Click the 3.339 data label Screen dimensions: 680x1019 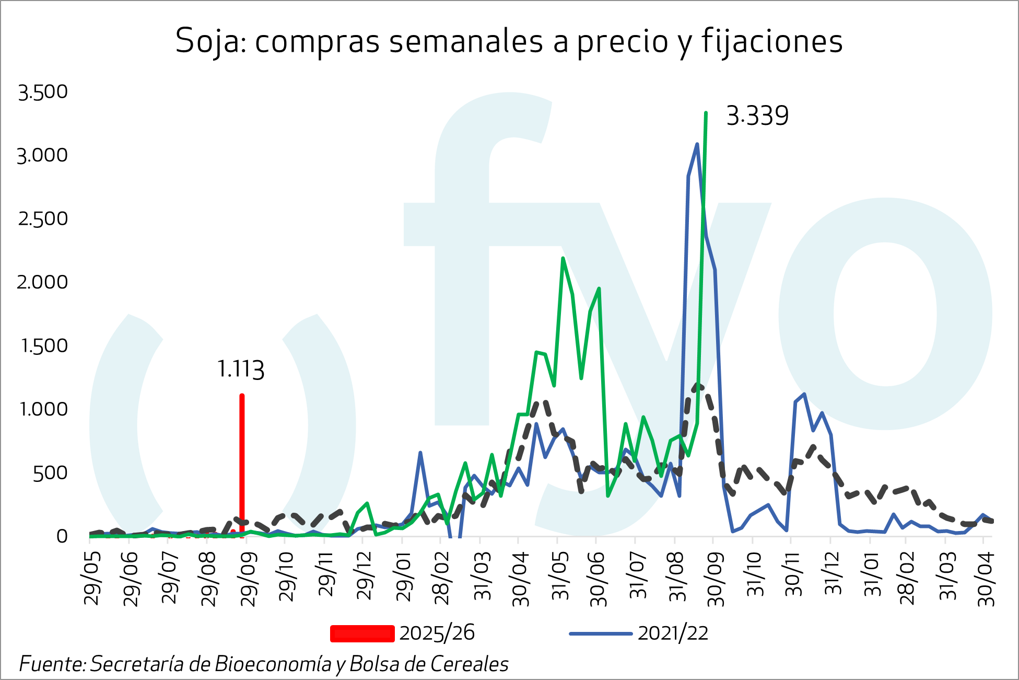pyautogui.click(x=757, y=116)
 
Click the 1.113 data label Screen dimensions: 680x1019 pyautogui.click(x=240, y=369)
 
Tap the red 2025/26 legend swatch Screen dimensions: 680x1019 pyautogui.click(x=362, y=633)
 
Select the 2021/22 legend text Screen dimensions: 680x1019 pyautogui.click(x=673, y=633)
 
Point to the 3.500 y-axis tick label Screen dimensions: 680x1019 pyautogui.click(x=43, y=92)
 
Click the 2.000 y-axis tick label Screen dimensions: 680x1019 pyautogui.click(x=43, y=282)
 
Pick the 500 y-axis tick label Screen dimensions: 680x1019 pyautogui.click(x=50, y=473)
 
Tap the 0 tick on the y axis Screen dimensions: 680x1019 pyautogui.click(x=62, y=536)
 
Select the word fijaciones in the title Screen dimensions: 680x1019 pyautogui.click(x=772, y=41)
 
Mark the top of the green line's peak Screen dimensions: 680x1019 pyautogui.click(x=706, y=113)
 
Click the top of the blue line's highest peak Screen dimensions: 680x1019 pyautogui.click(x=697, y=144)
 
